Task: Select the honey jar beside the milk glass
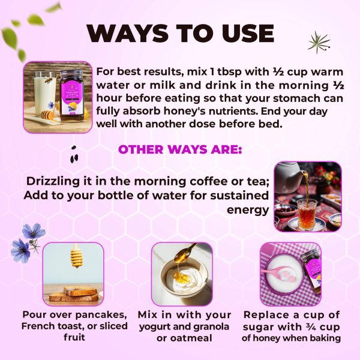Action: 73,96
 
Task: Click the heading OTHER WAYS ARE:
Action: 180,149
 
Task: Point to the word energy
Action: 247,210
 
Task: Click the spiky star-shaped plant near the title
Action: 319,42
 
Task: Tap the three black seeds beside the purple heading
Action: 74,154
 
